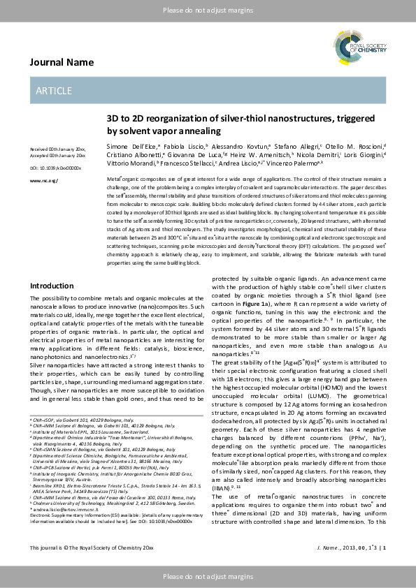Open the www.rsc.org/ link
pyautogui.click(x=43, y=181)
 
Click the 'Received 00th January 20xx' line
pyautogui.click(x=57, y=149)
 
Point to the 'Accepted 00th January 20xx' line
pyautogui.click(x=57, y=155)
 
